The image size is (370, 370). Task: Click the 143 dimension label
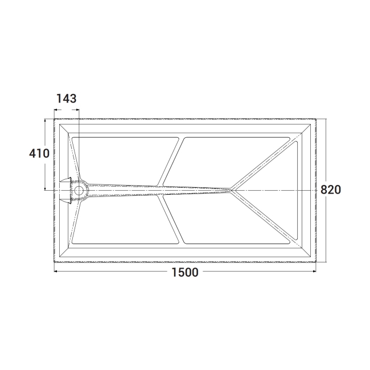[x=66, y=98]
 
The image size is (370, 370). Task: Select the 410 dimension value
[x=39, y=153]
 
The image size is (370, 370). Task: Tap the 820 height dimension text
[x=331, y=190]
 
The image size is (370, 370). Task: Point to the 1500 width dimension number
[x=184, y=272]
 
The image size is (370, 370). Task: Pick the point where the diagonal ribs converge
[x=230, y=188]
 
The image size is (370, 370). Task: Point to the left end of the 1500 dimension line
[x=56, y=272]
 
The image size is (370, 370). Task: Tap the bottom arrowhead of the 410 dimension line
[x=45, y=188]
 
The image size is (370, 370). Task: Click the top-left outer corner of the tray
[x=55, y=119]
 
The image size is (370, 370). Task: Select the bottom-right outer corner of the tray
[x=315, y=261]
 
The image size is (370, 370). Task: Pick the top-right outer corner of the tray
[x=315, y=119]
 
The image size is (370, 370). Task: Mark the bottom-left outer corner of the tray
[x=55, y=261]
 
